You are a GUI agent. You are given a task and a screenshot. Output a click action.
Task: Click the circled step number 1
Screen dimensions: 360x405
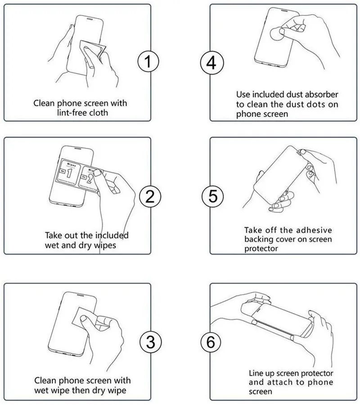[148, 61]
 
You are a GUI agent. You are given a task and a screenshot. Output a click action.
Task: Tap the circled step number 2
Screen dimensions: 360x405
[150, 196]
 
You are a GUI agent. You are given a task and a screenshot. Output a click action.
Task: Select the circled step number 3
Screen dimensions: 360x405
[151, 342]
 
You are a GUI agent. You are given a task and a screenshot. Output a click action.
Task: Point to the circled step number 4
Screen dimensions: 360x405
[212, 63]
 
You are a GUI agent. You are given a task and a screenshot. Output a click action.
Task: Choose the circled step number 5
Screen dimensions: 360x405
[213, 196]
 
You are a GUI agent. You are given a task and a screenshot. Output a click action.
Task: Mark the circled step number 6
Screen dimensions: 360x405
[211, 342]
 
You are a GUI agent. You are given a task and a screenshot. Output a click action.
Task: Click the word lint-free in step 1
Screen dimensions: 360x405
[72, 113]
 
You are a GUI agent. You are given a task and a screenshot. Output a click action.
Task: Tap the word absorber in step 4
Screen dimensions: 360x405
[321, 95]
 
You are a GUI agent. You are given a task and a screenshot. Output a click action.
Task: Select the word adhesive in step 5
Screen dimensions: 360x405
[313, 230]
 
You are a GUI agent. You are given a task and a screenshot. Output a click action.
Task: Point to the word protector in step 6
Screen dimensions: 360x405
[317, 373]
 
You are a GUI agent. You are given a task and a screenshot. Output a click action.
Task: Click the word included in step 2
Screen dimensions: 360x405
[112, 235]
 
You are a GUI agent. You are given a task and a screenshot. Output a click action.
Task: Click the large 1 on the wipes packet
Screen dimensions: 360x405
[69, 173]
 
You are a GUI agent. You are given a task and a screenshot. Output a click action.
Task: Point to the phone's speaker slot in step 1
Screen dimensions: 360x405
[90, 18]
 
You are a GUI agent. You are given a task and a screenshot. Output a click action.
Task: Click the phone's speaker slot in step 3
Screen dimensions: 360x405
[79, 295]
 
